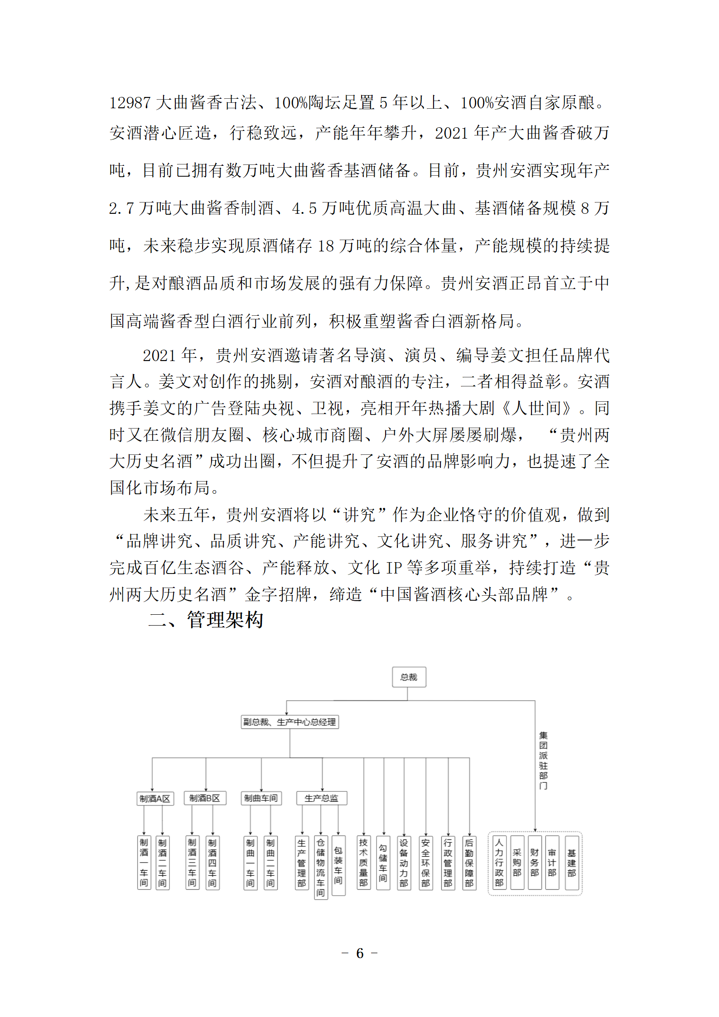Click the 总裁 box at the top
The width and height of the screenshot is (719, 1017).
[x=409, y=677]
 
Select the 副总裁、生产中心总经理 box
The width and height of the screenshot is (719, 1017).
[x=290, y=722]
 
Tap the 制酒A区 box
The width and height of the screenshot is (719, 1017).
[x=155, y=798]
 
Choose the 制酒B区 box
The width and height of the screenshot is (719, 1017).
[x=205, y=798]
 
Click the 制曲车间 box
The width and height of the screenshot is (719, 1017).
[x=261, y=798]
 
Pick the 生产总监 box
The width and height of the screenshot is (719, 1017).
[x=322, y=798]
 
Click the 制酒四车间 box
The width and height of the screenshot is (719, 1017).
[x=212, y=863]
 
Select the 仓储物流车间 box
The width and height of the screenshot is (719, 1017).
[x=321, y=867]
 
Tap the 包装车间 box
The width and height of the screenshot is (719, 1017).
[x=338, y=865]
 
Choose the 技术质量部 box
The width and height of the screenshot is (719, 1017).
[x=363, y=863]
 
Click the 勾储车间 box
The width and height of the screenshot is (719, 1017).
[x=383, y=863]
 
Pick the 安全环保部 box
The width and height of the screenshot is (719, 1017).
[x=425, y=863]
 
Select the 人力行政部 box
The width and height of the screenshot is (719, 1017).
[x=499, y=863]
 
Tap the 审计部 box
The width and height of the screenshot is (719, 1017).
[x=552, y=863]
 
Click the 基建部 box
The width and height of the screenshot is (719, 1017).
[x=572, y=863]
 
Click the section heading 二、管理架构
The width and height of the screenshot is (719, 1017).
[x=206, y=620]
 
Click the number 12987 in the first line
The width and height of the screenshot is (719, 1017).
[x=130, y=103]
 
